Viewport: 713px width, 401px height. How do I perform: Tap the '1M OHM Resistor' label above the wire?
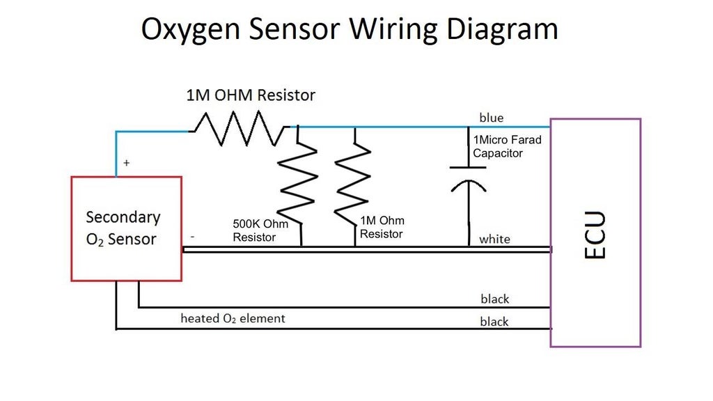tap(251, 95)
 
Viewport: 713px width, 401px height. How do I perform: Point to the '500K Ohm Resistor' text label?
tap(260, 231)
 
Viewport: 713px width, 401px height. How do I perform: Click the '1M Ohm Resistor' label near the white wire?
tap(382, 228)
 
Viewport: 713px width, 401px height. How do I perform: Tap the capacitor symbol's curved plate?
tap(468, 186)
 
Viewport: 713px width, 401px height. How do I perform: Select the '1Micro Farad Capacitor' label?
tap(507, 146)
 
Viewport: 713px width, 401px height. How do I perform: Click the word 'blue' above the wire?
tap(491, 118)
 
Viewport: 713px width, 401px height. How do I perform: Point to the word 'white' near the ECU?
tap(494, 239)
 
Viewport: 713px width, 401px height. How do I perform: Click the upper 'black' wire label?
tap(494, 299)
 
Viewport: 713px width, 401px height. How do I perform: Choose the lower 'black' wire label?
tap(494, 322)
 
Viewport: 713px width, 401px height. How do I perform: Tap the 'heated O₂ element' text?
tap(233, 318)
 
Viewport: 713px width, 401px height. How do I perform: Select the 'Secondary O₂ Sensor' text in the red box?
tap(123, 228)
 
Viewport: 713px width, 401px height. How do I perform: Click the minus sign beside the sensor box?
tap(192, 237)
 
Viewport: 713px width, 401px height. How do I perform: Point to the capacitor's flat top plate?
tap(468, 167)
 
